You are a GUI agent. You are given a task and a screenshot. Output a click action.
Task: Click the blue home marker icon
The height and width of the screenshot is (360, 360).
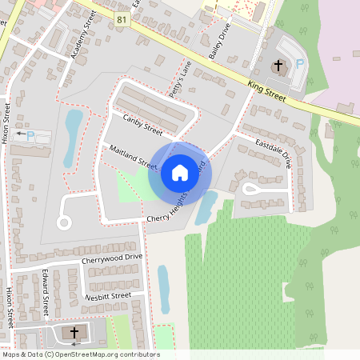180,171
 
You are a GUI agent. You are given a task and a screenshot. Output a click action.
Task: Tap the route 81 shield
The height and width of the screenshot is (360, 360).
122,18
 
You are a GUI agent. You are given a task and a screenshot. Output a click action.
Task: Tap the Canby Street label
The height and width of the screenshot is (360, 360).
142,124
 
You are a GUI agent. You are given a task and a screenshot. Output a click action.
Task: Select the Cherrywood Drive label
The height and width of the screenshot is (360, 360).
111,259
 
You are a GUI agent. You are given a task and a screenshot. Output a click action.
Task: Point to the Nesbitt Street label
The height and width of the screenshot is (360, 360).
107,296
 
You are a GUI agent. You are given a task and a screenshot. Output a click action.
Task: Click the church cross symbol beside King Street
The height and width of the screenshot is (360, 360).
278,66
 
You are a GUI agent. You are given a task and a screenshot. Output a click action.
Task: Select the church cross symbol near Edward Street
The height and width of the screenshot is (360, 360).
74,332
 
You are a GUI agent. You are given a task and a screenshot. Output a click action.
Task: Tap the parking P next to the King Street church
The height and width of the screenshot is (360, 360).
300,64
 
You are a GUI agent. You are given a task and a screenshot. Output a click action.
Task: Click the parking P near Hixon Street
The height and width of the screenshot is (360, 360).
30,136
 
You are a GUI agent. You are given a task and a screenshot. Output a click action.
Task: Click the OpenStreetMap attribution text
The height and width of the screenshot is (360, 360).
81,354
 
